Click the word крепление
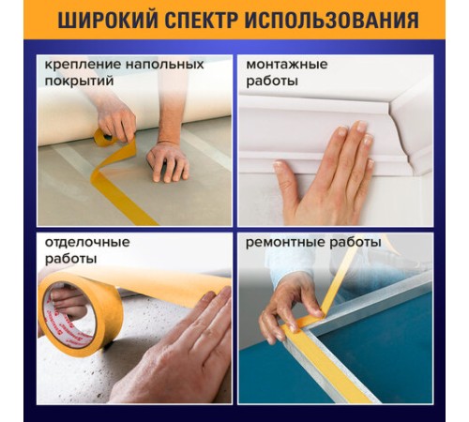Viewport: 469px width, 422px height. [x=74, y=64]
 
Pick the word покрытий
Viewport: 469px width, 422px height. [x=76, y=81]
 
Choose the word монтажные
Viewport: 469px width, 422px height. [x=286, y=64]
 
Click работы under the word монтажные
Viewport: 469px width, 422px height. [x=272, y=81]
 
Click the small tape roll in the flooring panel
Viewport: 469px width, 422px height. [x=102, y=139]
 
